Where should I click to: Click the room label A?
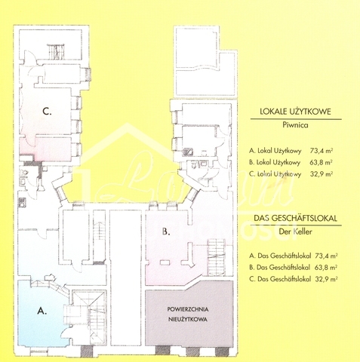[42, 311]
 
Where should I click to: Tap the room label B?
[166, 232]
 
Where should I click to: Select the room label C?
[47, 111]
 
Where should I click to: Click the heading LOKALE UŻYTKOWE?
[295, 112]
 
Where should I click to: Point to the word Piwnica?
[295, 125]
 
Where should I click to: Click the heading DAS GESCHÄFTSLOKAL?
[295, 218]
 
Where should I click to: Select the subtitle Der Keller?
[295, 232]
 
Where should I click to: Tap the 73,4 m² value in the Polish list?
[322, 151]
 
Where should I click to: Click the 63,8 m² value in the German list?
[326, 267]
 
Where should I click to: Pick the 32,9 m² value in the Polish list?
[322, 174]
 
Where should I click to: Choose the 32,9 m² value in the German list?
[326, 279]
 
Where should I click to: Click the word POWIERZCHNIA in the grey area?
[188, 309]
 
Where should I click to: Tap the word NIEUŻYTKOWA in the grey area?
[188, 319]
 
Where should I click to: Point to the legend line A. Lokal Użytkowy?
[275, 151]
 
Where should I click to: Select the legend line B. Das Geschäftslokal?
[279, 267]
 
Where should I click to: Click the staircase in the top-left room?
[56, 52]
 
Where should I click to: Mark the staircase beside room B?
[216, 256]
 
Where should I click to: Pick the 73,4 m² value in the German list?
[326, 256]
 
